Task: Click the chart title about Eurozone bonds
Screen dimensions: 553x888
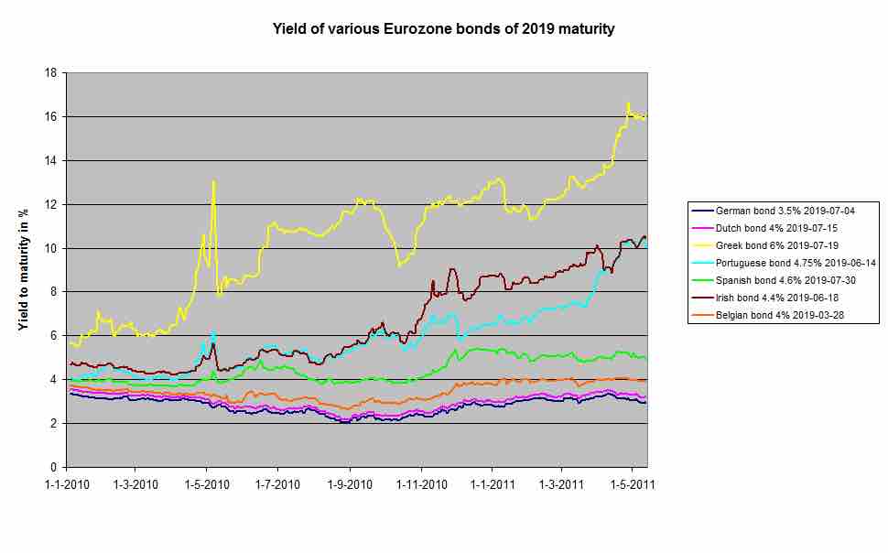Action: pos(444,29)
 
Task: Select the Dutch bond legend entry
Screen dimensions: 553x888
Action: pos(769,227)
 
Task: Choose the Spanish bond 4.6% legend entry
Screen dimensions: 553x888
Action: pos(776,280)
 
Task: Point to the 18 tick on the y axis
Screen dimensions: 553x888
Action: pos(53,73)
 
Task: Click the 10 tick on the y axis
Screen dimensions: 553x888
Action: pos(53,248)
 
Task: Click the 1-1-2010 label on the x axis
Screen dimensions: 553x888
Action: pos(67,483)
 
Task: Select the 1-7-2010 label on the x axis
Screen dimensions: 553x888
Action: pos(278,483)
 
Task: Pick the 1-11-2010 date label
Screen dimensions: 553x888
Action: pos(420,483)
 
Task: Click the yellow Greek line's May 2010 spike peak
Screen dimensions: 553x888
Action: pos(213,181)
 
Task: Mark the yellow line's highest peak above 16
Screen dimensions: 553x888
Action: pos(628,103)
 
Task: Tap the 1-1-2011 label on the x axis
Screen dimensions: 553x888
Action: pos(492,483)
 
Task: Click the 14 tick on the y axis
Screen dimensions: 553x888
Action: pos(53,160)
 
